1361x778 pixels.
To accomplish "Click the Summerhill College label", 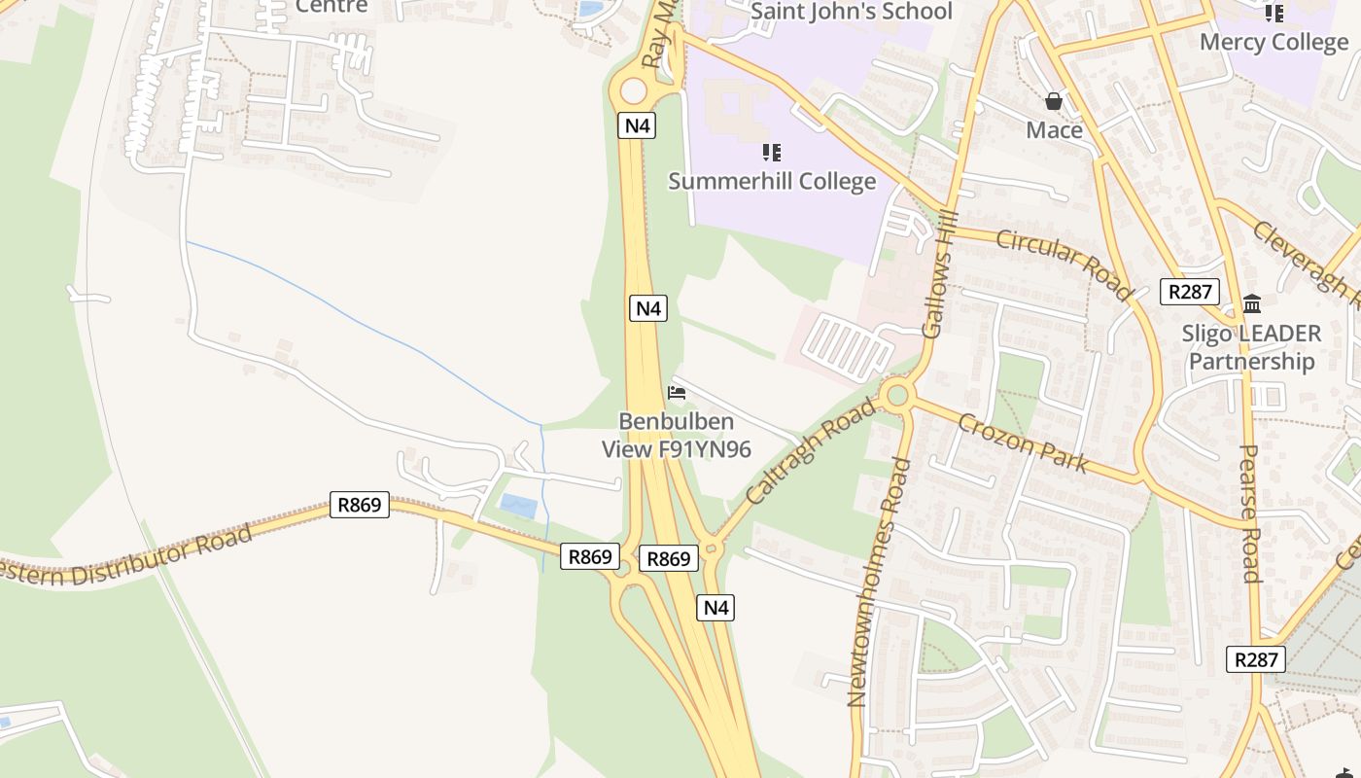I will tap(772, 182).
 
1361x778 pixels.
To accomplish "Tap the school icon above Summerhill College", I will tap(772, 153).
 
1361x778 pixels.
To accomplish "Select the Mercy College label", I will tap(1274, 42).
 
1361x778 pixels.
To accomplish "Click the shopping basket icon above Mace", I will tap(1053, 101).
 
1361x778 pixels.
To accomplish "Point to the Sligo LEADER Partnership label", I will tap(1251, 347).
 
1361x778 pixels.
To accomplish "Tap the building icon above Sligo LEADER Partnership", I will tap(1252, 303).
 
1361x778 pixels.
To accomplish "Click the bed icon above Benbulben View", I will tap(677, 393).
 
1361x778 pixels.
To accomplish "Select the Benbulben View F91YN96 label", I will tap(677, 436).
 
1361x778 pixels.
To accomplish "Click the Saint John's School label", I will tap(852, 12).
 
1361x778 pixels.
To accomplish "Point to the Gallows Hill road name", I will tap(939, 275).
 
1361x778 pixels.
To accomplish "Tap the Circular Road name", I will tap(1064, 265).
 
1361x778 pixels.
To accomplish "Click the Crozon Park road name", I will tap(1023, 442).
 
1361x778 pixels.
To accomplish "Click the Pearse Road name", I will tap(1250, 513).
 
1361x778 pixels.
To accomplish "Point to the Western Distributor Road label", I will tap(126, 555).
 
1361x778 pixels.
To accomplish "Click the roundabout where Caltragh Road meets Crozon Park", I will tap(896, 395).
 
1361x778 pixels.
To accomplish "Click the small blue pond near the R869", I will tap(516, 506).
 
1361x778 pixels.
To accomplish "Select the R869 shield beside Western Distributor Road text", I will tap(360, 505).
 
